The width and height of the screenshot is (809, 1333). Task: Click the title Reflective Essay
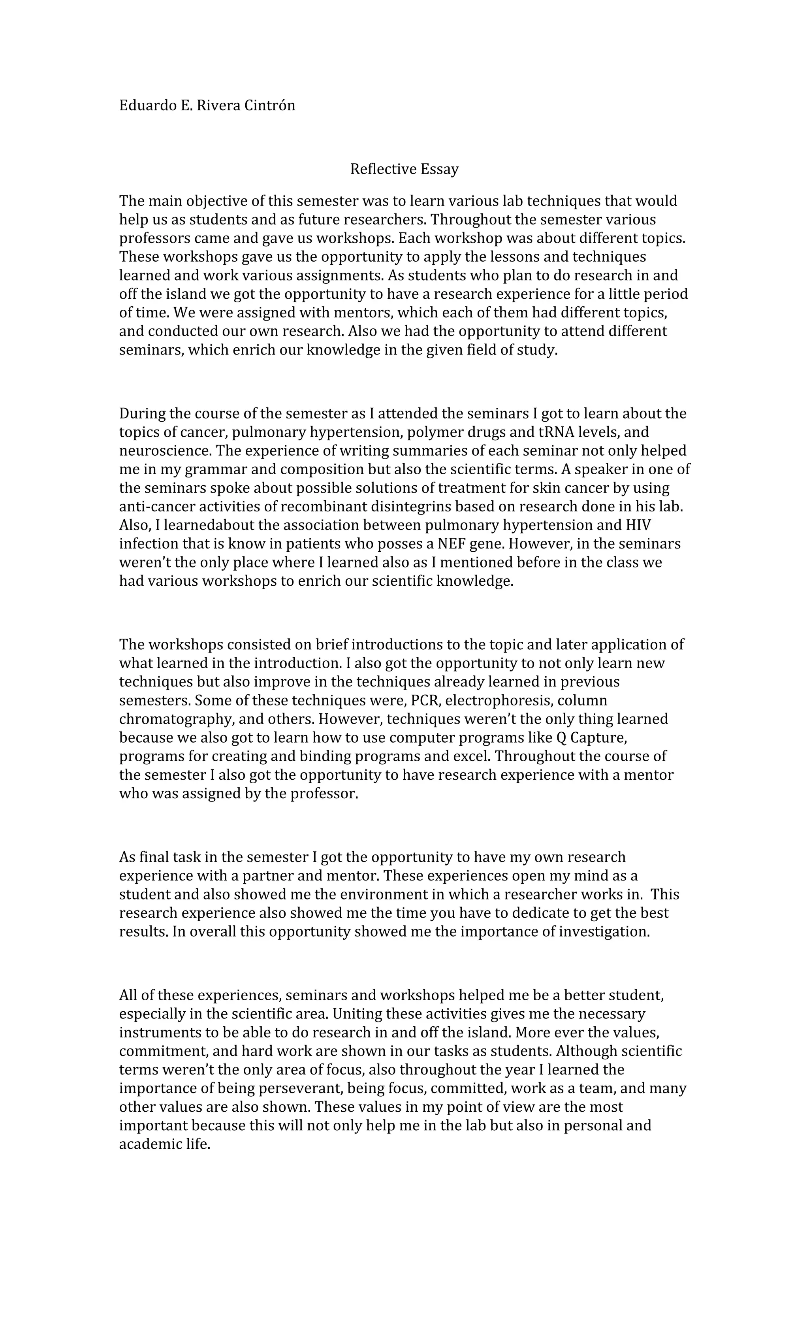(x=404, y=169)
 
